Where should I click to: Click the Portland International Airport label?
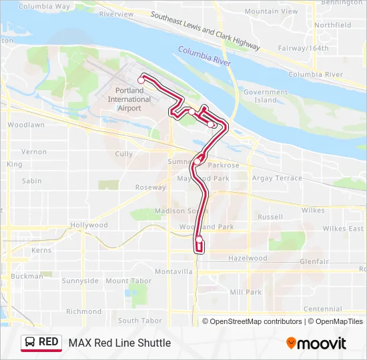[x=129, y=99]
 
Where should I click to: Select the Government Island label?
[x=265, y=96]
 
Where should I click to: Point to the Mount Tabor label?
[x=126, y=281]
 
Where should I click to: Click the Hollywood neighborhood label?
[x=89, y=225]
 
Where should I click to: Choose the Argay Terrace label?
[x=277, y=178]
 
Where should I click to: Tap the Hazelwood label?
[x=248, y=258]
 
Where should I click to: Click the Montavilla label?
[x=173, y=271]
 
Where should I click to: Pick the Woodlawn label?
[x=26, y=125]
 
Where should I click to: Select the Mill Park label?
[x=246, y=292]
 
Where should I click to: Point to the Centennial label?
[x=322, y=309]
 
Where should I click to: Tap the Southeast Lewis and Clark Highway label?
[x=204, y=31]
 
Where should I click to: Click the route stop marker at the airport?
[x=141, y=80]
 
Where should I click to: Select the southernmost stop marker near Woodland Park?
[x=199, y=239]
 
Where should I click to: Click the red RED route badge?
[x=41, y=343]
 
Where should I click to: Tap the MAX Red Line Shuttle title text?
[x=119, y=343]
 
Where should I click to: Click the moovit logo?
[x=316, y=343]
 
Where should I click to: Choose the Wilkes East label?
[x=343, y=229]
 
